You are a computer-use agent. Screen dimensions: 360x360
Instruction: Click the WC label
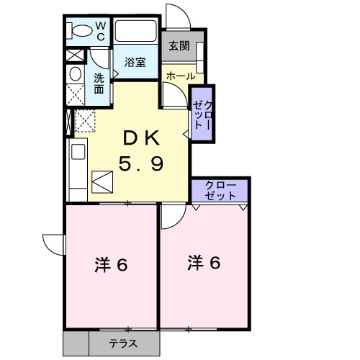pos(101,32)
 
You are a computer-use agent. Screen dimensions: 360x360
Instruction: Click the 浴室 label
pos(134,62)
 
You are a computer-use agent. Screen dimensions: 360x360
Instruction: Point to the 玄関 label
pos(179,47)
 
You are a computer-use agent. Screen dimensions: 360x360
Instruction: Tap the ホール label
pos(180,76)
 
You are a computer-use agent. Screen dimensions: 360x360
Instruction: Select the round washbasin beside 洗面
pos(75,74)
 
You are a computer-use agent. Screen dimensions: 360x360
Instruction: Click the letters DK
pos(140,137)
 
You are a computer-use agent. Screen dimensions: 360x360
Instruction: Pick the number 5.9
pos(140,164)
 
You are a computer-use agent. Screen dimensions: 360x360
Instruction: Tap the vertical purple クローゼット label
pos(202,114)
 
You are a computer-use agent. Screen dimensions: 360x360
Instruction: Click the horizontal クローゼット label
pos(220,191)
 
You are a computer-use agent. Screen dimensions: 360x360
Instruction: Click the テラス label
pos(123,344)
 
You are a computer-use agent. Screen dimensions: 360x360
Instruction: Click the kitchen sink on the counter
pos(77,153)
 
